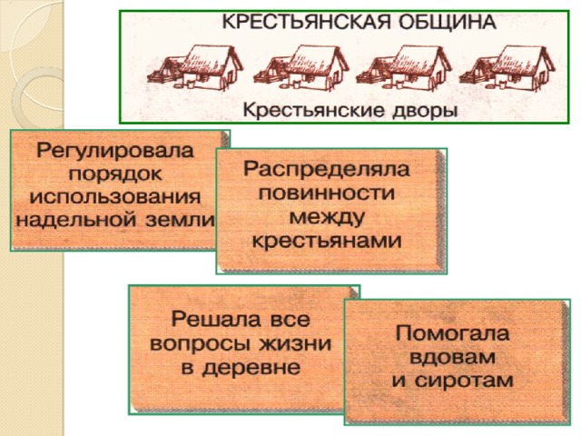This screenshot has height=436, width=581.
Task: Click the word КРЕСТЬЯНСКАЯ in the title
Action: (307, 22)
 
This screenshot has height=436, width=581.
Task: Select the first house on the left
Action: (195, 69)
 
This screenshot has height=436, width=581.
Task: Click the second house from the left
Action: (300, 69)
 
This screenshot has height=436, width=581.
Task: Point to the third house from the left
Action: (403, 69)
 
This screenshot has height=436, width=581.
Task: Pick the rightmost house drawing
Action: (507, 69)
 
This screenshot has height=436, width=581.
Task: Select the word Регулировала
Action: (115, 152)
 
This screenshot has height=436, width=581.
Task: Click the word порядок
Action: (115, 174)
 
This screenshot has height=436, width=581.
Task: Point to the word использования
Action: (115, 197)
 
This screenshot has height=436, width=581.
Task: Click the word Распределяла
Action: (327, 170)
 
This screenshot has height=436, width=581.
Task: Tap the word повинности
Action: (327, 193)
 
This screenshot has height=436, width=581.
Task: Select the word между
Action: (327, 218)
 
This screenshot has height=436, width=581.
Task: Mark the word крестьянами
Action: (327, 241)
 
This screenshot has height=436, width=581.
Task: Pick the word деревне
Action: (251, 367)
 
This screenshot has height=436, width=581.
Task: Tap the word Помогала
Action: (452, 333)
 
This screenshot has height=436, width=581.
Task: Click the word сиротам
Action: (464, 381)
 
